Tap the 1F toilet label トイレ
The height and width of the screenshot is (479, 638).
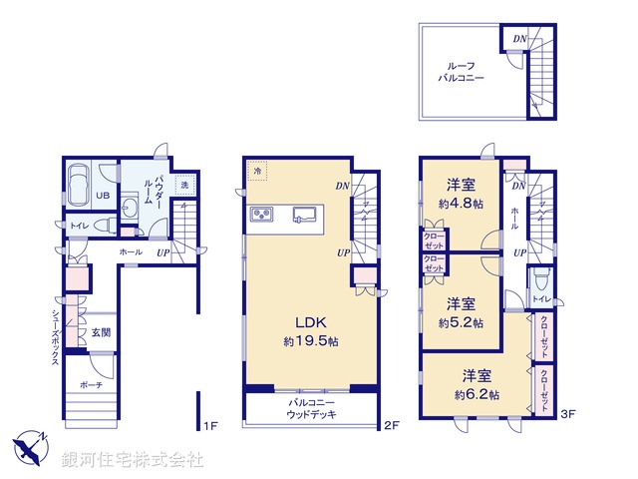(x=79, y=227)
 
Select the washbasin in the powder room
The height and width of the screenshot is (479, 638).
(x=130, y=208)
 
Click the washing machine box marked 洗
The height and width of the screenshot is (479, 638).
(x=183, y=185)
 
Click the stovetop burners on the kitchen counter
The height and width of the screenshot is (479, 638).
(x=262, y=214)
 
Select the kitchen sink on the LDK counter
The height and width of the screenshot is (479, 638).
(x=304, y=214)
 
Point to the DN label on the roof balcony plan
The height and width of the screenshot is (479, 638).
(x=518, y=39)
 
